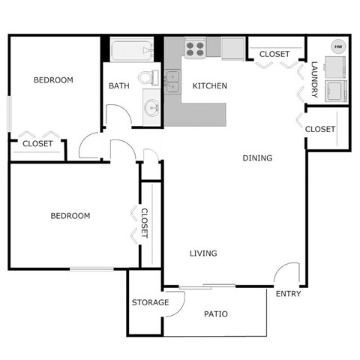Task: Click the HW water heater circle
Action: coord(337,47)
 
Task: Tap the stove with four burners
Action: coord(195,49)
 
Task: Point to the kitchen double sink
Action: coord(173,78)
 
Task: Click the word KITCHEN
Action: coord(209,86)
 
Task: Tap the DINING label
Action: coord(257,158)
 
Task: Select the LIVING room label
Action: coord(202,253)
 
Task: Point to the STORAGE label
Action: coord(149,303)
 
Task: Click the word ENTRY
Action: coord(288,294)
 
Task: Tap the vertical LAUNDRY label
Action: coord(315,79)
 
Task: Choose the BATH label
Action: coord(119,86)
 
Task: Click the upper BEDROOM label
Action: coord(53,80)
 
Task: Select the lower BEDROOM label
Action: coord(70,216)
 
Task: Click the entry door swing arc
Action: coord(286,273)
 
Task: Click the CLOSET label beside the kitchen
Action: coord(274,54)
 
